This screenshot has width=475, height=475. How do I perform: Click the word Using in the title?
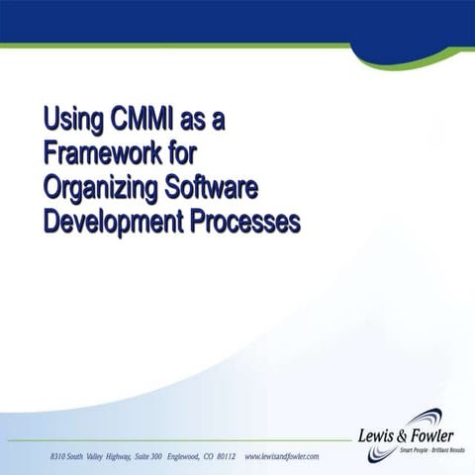70,121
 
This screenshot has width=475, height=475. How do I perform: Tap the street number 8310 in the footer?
60,456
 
